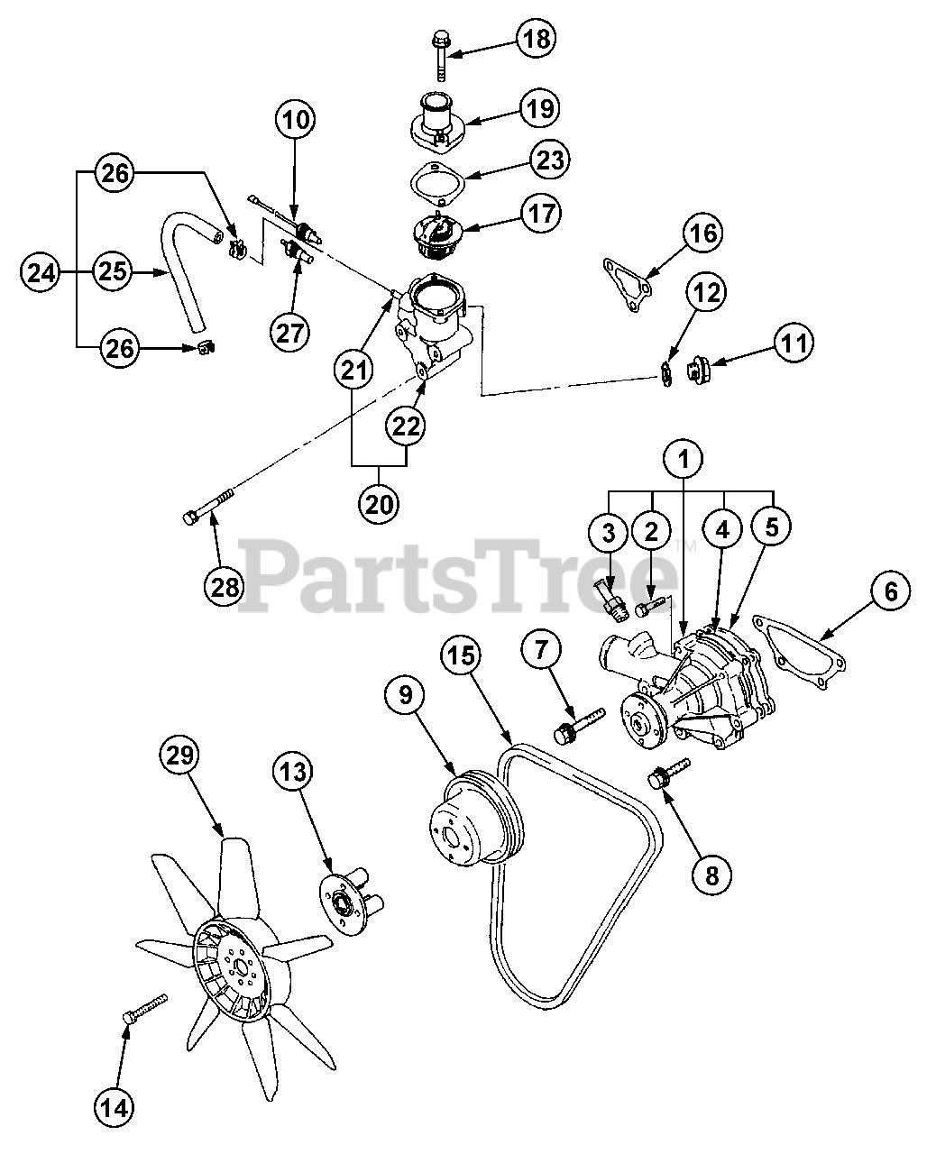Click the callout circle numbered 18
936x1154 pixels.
pyautogui.click(x=536, y=39)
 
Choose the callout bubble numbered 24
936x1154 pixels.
pyautogui.click(x=41, y=270)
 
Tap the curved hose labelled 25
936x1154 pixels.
pyautogui.click(x=180, y=270)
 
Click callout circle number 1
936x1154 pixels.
pyautogui.click(x=684, y=459)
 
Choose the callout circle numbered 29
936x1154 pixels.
pyautogui.click(x=180, y=756)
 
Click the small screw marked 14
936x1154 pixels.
pyautogui.click(x=143, y=1007)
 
